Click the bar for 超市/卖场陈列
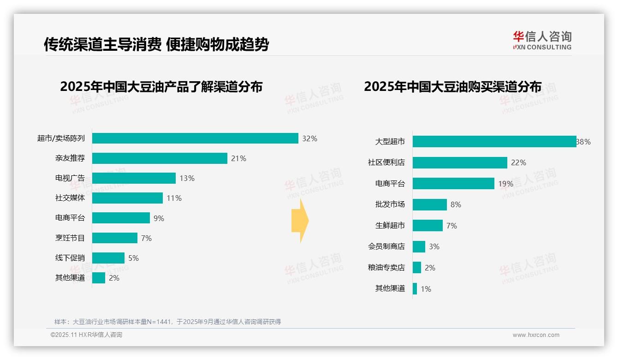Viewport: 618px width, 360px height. coord(195,138)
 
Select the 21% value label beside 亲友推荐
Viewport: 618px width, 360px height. coord(238,158)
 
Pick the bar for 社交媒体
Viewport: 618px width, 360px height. coord(127,198)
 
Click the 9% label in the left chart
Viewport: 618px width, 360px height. coord(159,218)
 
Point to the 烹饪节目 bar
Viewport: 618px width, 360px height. coord(115,238)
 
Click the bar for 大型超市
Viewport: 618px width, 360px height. coord(494,142)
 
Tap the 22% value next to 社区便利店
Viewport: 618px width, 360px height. coord(518,162)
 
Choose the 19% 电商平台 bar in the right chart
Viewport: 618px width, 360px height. coord(453,184)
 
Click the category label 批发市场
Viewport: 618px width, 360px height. coord(390,204)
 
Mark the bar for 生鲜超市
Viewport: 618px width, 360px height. coord(428,226)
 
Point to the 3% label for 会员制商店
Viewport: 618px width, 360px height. coord(434,246)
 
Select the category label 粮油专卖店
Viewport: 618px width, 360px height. coord(386,268)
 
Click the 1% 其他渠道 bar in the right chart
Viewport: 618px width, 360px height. coord(415,289)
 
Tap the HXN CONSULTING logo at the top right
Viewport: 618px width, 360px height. coord(542,41)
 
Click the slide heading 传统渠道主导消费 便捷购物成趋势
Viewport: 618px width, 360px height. coord(156,44)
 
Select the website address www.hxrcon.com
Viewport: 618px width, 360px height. coord(535,335)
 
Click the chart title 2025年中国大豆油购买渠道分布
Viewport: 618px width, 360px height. coord(452,87)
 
